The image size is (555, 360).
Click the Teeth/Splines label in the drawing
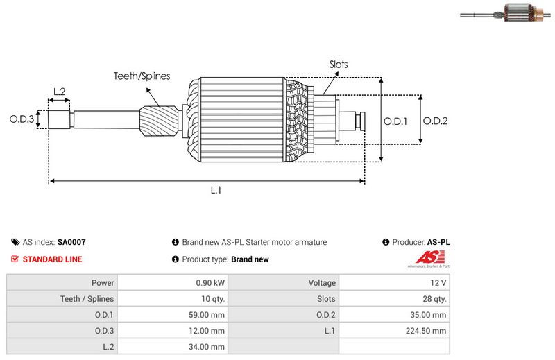[142, 76]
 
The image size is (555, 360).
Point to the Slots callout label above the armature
[339, 65]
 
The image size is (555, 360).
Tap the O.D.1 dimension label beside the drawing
[395, 121]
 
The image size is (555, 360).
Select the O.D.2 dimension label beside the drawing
[436, 121]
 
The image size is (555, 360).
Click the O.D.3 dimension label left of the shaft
[22, 119]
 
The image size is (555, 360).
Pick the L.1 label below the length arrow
[216, 191]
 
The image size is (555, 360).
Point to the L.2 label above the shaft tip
[60, 92]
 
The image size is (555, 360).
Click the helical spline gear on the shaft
[159, 122]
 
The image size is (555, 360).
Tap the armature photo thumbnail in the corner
[506, 12]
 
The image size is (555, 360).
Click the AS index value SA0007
[71, 242]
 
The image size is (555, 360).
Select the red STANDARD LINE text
[53, 259]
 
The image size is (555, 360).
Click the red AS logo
[430, 257]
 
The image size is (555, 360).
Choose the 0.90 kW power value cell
[173, 282]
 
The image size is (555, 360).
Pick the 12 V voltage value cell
[394, 282]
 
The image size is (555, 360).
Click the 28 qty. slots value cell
[394, 299]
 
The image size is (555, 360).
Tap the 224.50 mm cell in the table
[394, 331]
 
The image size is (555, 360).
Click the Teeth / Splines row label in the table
[87, 299]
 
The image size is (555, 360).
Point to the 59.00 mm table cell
[173, 315]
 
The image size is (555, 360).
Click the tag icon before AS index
[15, 242]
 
